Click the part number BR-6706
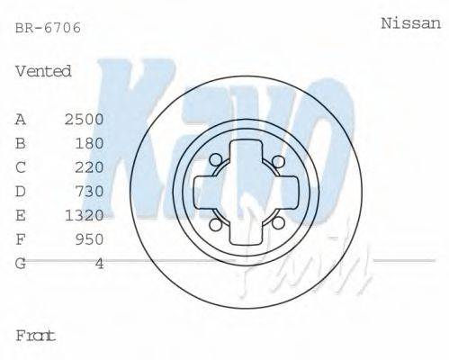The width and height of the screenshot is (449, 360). [x=49, y=28]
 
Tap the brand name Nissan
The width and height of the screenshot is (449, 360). [x=411, y=24]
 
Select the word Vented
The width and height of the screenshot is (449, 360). [x=43, y=71]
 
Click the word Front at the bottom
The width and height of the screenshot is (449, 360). [x=36, y=335]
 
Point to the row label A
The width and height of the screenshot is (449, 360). [x=21, y=119]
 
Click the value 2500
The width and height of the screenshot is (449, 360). [x=84, y=119]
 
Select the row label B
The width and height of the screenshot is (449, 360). [x=21, y=143]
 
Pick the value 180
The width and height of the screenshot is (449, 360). [x=89, y=143]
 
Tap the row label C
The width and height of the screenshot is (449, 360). [x=21, y=167]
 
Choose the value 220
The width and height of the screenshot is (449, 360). [x=89, y=167]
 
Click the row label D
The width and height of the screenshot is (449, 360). [x=21, y=191]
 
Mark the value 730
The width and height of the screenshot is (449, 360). [x=89, y=191]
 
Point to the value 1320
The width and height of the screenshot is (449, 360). [x=84, y=215]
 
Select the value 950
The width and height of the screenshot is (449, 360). [x=89, y=239]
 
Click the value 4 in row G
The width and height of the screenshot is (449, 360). [x=99, y=264]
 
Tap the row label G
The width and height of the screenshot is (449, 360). [x=21, y=264]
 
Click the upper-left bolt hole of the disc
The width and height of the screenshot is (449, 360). [x=215, y=161]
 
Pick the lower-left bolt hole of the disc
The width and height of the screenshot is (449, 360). [x=215, y=224]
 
